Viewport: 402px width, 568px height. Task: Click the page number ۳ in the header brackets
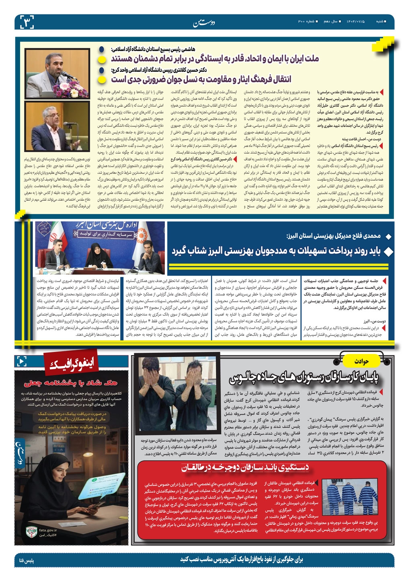pos(27,21)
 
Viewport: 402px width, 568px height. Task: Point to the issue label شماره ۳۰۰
pos(305,21)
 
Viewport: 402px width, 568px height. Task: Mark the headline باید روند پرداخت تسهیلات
pos(275,251)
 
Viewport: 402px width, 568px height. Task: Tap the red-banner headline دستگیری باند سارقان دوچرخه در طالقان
pos(245,468)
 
